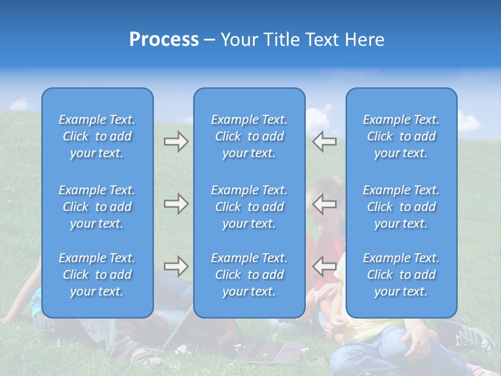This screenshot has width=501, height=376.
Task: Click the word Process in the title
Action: click(x=164, y=40)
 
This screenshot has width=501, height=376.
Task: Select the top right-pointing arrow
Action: click(x=176, y=142)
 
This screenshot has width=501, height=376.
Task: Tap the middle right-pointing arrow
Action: click(x=176, y=203)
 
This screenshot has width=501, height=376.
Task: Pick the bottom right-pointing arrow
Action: click(x=176, y=266)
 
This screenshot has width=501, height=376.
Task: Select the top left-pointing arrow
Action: click(x=324, y=142)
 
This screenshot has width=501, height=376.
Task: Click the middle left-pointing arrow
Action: click(x=324, y=203)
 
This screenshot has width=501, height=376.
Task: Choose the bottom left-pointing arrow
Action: click(x=324, y=266)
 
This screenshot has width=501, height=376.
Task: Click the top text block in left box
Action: click(x=97, y=136)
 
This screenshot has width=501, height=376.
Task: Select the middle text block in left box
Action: click(x=97, y=207)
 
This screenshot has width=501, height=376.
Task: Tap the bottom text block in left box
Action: click(x=97, y=275)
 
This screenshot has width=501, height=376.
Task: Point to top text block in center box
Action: click(x=249, y=136)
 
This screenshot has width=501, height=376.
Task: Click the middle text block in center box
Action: click(x=249, y=207)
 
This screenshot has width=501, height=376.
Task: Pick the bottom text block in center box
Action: click(x=249, y=275)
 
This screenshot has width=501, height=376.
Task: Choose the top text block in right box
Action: click(x=401, y=136)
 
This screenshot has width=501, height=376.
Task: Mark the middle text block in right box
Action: click(x=401, y=207)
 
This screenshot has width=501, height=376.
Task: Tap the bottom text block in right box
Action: click(x=401, y=275)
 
